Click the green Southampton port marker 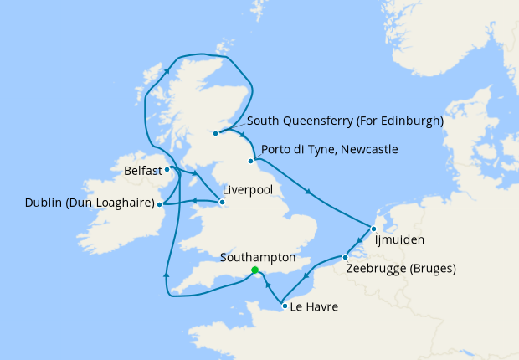pos(254,270)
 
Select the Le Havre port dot pos(285,306)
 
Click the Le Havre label pos(316,307)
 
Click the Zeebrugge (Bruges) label pos(400,270)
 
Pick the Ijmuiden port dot pos(373,228)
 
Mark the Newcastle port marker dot pos(250,162)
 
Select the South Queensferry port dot pos(216,133)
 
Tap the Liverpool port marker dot pos(222,202)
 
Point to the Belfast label pos(141,171)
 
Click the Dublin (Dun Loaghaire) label pos(92,203)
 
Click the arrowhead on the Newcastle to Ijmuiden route pos(310,194)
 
